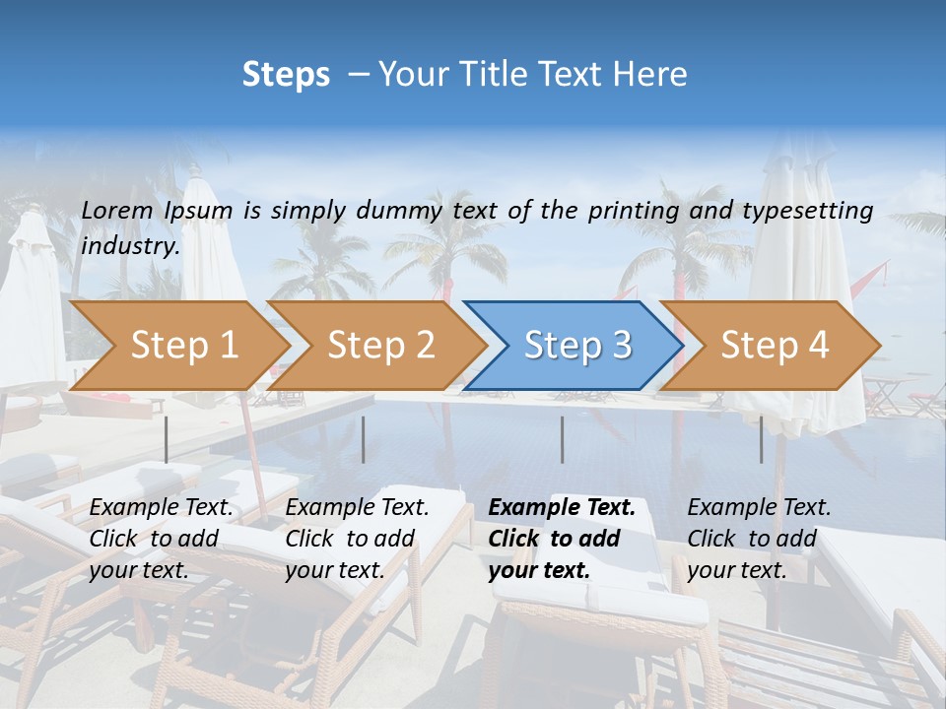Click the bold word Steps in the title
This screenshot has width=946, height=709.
point(286,75)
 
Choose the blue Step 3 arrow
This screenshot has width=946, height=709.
point(577,345)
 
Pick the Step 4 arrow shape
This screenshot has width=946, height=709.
point(775,345)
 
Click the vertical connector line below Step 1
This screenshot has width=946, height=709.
point(167,439)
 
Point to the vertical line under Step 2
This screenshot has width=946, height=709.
point(364,439)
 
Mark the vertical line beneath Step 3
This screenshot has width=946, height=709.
point(563,439)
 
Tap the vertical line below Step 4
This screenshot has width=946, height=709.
point(762,439)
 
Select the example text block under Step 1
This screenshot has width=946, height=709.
point(161,539)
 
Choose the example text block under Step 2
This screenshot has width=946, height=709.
point(357,539)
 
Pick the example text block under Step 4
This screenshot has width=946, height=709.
point(759,539)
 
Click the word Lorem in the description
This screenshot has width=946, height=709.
point(117,210)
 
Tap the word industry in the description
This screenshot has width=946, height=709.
point(129,246)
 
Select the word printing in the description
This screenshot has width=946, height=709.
point(633,210)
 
